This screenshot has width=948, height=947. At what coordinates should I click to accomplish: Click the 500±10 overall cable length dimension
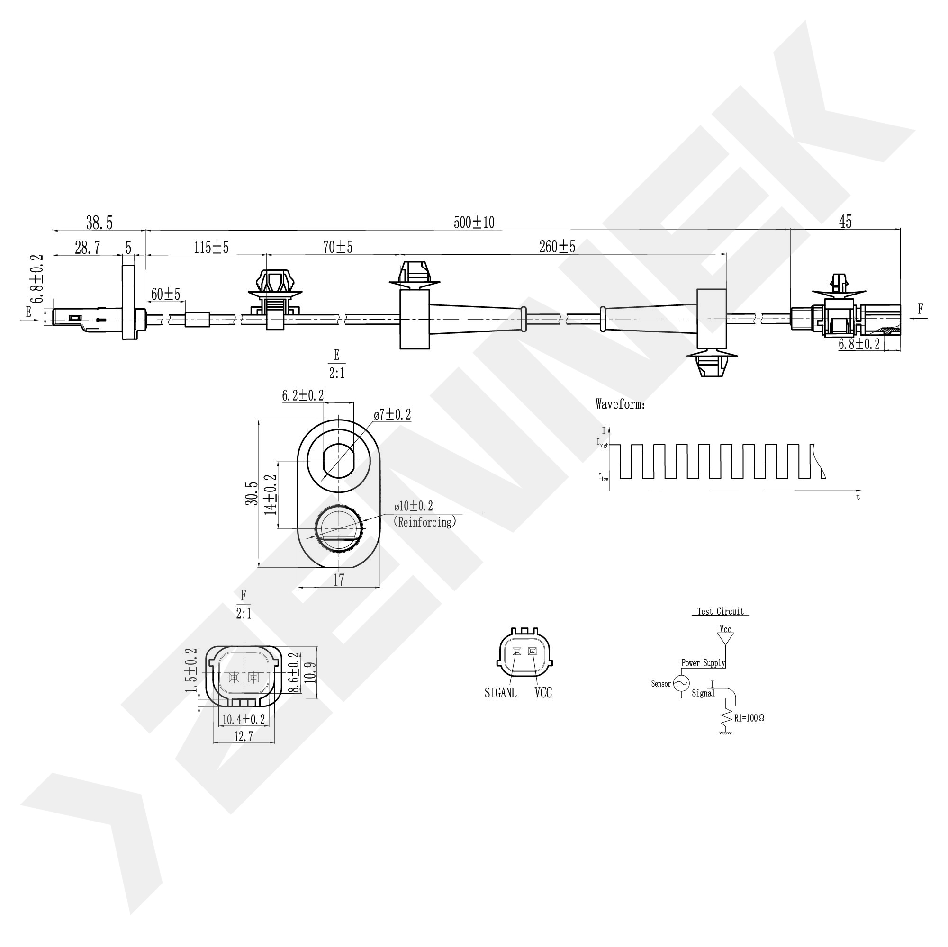[x=474, y=223]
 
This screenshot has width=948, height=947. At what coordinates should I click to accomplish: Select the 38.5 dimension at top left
[x=99, y=223]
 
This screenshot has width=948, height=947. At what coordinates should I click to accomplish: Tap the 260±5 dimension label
[x=557, y=247]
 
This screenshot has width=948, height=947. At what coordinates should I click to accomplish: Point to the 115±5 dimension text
[x=211, y=247]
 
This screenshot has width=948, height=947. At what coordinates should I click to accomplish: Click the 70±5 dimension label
[x=338, y=247]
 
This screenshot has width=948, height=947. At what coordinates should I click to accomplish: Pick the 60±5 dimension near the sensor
[x=165, y=295]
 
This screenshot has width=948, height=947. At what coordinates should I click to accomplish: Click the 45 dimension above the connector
[x=845, y=222]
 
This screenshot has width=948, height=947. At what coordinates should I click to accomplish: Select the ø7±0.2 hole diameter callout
[x=392, y=415]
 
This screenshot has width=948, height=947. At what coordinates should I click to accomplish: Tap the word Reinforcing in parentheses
[x=425, y=522]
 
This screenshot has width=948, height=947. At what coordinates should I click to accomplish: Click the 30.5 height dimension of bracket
[x=252, y=493]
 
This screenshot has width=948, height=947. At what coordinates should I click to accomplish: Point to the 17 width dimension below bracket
[x=339, y=580]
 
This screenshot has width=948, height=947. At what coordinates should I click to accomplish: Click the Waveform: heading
[x=620, y=404]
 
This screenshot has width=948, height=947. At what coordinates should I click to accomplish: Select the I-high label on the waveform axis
[x=602, y=443]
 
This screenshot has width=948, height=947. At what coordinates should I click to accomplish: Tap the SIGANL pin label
[x=500, y=692]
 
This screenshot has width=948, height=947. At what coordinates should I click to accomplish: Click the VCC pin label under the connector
[x=543, y=692]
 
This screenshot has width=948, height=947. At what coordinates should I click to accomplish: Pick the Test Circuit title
[x=720, y=612]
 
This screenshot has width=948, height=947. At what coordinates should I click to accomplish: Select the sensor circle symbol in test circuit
[x=681, y=683]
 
